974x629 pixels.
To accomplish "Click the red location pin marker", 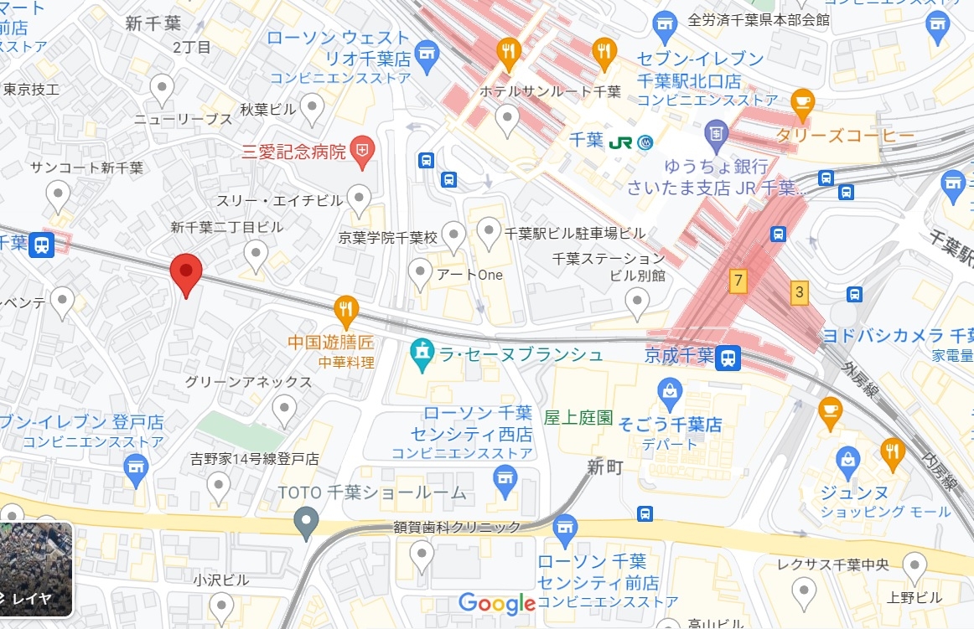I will click(186, 272).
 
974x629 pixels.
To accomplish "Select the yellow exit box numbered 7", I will click(738, 281).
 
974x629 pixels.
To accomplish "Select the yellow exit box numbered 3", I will click(800, 292).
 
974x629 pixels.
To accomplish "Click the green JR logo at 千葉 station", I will click(621, 142).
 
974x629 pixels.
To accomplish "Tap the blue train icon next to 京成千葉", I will click(728, 358).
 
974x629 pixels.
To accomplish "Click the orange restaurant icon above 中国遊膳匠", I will click(346, 309).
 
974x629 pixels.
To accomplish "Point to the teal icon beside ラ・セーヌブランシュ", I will click(422, 354).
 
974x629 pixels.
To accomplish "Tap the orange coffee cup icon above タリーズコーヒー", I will click(802, 102).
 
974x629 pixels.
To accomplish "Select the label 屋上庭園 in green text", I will click(578, 417).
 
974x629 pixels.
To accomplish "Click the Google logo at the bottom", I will click(496, 603).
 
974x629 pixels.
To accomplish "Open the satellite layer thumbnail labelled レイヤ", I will click(35, 569).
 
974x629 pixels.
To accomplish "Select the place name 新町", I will click(604, 467).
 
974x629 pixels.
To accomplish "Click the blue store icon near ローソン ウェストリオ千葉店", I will click(427, 54).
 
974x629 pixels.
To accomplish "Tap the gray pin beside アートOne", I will click(420, 271).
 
